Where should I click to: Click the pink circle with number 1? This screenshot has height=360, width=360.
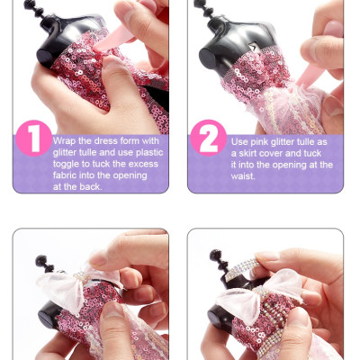click(x=34, y=139)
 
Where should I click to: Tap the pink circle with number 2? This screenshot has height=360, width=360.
click(x=209, y=138)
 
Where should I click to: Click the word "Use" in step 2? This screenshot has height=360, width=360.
click(x=239, y=142)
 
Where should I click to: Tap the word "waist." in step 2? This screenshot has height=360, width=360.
click(x=243, y=176)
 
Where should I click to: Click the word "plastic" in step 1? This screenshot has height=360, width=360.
click(x=149, y=153)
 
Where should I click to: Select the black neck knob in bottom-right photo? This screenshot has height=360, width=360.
click(x=219, y=259)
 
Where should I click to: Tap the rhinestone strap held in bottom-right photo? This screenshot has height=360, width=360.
click(x=242, y=269)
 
